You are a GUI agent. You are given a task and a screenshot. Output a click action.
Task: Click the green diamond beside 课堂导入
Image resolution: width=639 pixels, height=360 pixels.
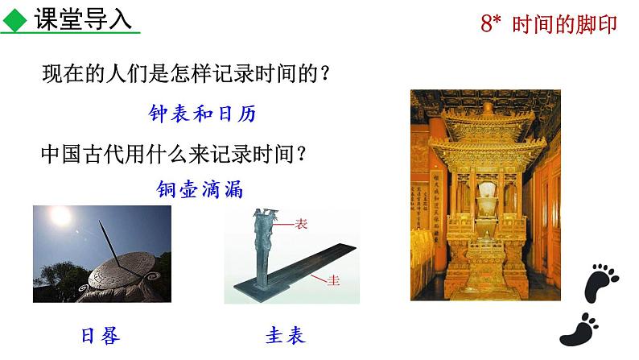(x=14, y=19)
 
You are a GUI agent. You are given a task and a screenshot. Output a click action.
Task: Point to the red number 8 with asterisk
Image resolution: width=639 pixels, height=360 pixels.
(x=492, y=24)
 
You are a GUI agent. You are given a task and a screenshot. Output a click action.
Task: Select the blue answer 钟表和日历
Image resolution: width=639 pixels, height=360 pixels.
(x=203, y=114)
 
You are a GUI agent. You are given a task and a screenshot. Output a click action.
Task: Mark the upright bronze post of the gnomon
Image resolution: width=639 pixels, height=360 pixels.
(x=262, y=250)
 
